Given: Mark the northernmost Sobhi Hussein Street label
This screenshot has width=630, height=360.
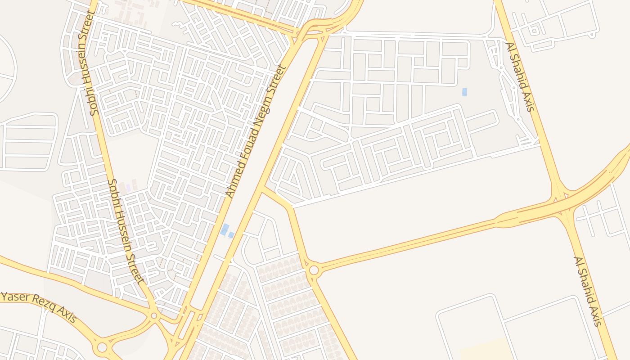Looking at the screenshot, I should pos(88,63).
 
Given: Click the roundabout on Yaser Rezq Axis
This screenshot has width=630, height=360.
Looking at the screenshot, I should pos(103,347).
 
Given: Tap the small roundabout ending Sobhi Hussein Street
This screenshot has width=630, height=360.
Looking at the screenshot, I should pos(154,316).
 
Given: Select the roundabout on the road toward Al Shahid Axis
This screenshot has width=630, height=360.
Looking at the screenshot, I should pos(314,270).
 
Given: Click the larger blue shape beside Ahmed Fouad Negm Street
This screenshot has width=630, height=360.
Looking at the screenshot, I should pos(225,229).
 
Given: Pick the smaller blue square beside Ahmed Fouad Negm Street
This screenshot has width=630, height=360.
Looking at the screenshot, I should pos(231,235).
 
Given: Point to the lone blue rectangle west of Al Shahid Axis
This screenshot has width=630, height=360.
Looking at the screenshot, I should pos(464,92).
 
